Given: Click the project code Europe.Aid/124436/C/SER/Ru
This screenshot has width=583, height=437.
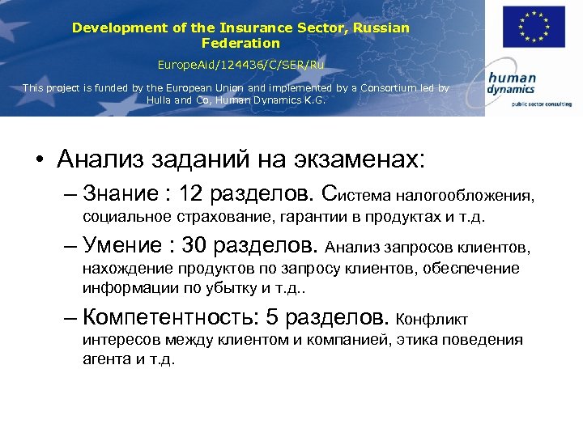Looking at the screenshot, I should tap(240, 63).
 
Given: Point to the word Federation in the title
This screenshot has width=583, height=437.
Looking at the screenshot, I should tap(240, 43).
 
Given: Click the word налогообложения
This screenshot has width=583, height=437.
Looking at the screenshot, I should tap(465, 196).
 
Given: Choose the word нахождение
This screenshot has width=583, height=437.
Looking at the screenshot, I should tap(123, 268).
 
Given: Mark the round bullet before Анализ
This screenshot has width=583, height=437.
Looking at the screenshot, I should tap(40, 159).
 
